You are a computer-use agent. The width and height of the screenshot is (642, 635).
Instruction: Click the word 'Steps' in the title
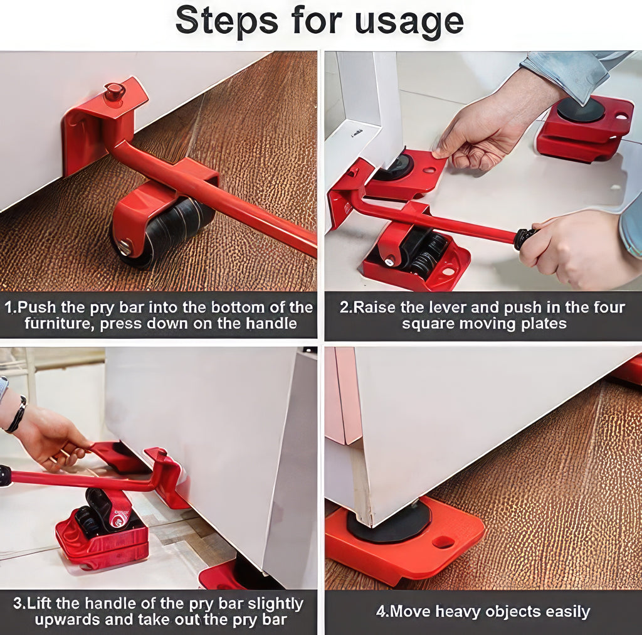pyautogui.click(x=227, y=20)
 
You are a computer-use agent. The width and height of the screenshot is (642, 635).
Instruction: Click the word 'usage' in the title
pyautogui.click(x=409, y=20)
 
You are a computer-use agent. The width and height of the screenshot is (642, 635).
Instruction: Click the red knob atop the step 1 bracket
pyautogui.click(x=115, y=92)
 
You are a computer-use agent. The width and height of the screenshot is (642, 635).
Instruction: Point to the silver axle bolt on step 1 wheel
pyautogui.click(x=125, y=247)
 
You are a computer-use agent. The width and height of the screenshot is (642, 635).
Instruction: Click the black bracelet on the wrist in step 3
pyautogui.click(x=17, y=414)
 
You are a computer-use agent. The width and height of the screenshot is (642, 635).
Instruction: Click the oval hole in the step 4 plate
pyautogui.click(x=443, y=542)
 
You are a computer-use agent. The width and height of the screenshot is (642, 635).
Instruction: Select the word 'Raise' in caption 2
pyautogui.click(x=375, y=308)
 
